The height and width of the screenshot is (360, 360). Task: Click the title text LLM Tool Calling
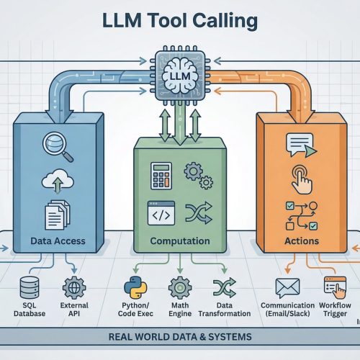[x=180, y=22]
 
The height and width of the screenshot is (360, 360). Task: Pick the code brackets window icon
[x=160, y=212]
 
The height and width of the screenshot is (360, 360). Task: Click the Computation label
[x=179, y=241]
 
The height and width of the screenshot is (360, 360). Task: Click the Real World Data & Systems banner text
[x=179, y=337]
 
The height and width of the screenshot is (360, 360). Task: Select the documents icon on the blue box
[x=55, y=213]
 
